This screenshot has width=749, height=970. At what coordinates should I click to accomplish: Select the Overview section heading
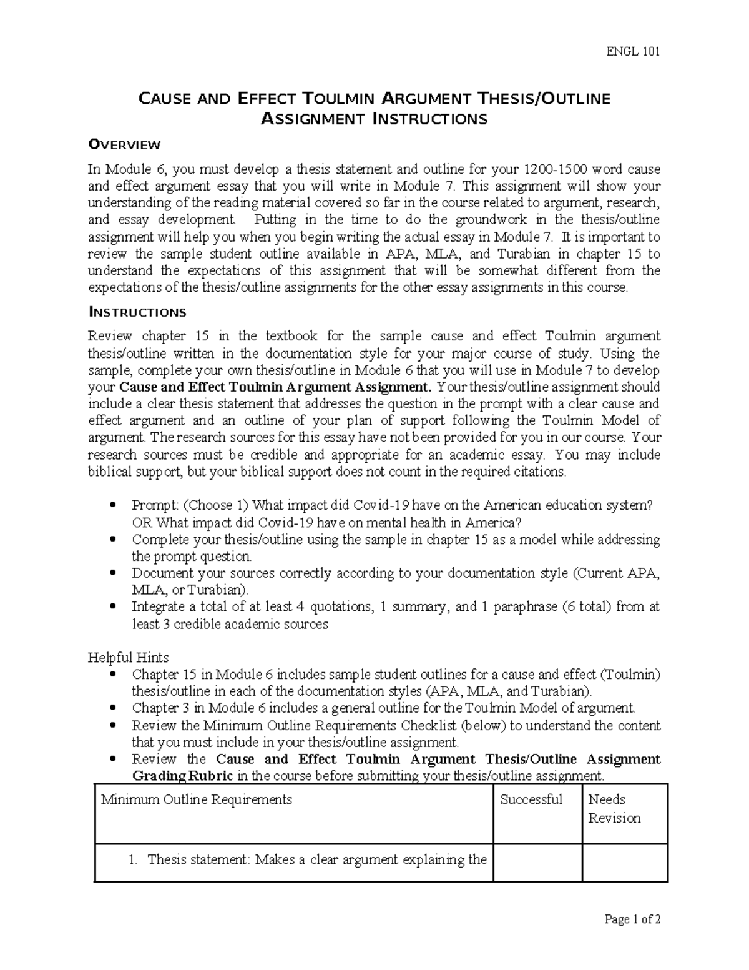(124, 145)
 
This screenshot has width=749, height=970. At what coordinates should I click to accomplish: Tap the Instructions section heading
(137, 312)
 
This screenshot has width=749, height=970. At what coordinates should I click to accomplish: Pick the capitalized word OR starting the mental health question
(142, 522)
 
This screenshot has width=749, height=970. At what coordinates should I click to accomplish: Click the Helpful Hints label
(128, 658)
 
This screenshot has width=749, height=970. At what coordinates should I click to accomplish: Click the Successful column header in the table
(531, 799)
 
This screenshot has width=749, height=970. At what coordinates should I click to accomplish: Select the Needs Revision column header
(614, 808)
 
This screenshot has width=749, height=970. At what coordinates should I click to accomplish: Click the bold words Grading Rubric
(183, 776)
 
